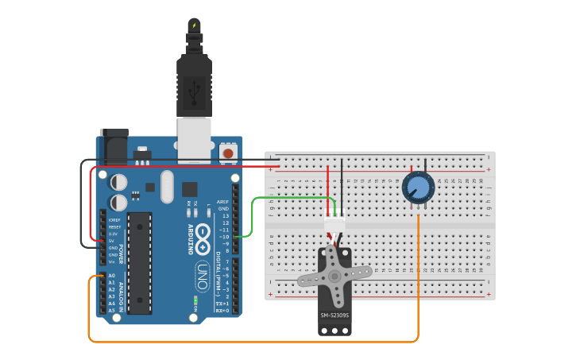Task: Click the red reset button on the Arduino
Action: (x=228, y=152)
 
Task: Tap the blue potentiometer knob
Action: (x=417, y=188)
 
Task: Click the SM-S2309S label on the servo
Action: (x=334, y=315)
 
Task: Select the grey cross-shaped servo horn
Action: (x=334, y=277)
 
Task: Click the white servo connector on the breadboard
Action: (x=334, y=224)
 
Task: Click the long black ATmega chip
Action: (x=139, y=262)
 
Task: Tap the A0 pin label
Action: (x=111, y=276)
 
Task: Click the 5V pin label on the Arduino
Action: (x=112, y=241)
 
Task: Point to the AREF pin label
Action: (x=223, y=202)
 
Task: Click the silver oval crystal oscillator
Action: (x=166, y=187)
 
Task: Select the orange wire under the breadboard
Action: (x=254, y=342)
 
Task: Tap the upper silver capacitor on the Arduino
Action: (x=118, y=182)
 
